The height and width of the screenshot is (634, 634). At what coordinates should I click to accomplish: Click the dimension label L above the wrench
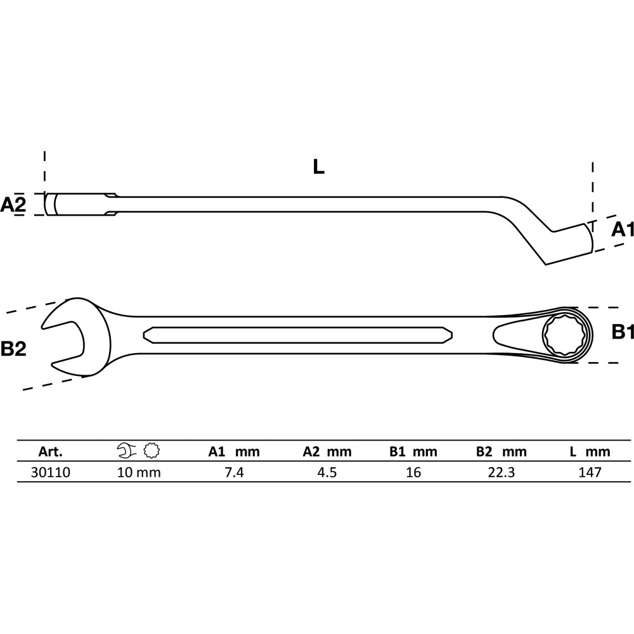point(319,167)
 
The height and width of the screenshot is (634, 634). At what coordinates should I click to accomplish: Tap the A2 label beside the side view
point(13,205)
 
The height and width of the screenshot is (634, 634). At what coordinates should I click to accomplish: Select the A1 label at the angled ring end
point(623,230)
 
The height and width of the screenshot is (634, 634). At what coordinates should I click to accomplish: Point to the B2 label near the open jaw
point(13,349)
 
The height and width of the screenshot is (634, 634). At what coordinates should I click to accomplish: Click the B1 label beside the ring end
point(623,332)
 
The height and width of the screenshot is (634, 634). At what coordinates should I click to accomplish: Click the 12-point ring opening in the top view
point(562,335)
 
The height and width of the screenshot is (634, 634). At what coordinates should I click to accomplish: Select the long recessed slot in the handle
point(297,335)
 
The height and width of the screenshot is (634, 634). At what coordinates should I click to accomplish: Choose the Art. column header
point(51,451)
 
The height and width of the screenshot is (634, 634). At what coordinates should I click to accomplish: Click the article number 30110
point(51,472)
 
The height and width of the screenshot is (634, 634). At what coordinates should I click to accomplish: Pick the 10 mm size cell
point(139,472)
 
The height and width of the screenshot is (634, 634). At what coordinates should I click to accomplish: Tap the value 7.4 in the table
point(235,472)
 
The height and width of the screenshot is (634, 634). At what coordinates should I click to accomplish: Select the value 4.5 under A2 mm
point(327,472)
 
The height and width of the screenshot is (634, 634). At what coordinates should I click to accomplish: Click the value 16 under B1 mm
point(413,472)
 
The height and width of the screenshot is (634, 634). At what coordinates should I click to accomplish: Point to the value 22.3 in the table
point(501,472)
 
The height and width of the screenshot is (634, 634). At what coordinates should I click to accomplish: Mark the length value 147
point(590,472)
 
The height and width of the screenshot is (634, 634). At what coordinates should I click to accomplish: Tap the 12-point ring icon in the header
point(152,450)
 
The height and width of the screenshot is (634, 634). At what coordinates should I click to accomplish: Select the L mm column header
point(590,451)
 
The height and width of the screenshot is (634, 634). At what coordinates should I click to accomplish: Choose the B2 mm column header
point(501,451)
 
